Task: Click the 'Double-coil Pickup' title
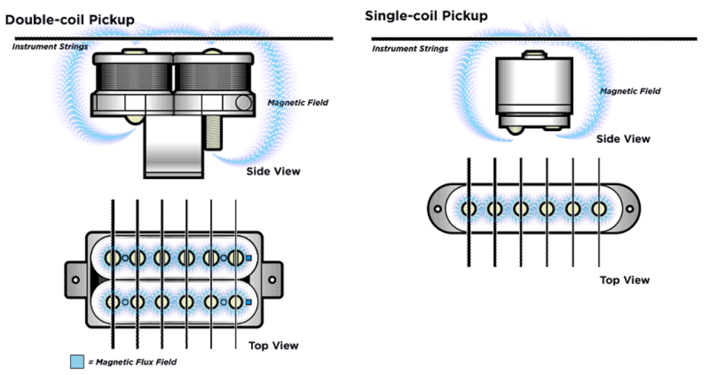click(69, 19)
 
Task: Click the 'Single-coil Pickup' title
click(426, 15)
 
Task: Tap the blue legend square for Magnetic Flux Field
click(77, 362)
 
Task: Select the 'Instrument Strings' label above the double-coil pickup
click(49, 46)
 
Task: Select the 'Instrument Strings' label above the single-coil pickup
click(410, 49)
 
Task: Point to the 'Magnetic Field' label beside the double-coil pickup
click(297, 103)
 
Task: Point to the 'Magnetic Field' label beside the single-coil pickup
click(630, 91)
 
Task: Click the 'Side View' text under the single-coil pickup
click(623, 139)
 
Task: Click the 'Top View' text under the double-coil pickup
click(273, 345)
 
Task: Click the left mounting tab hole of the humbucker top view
click(75, 279)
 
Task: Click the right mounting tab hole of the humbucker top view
click(272, 279)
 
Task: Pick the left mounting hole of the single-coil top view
click(438, 209)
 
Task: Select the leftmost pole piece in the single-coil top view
click(469, 208)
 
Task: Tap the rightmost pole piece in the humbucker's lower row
click(236, 302)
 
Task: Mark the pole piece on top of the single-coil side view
click(533, 53)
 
